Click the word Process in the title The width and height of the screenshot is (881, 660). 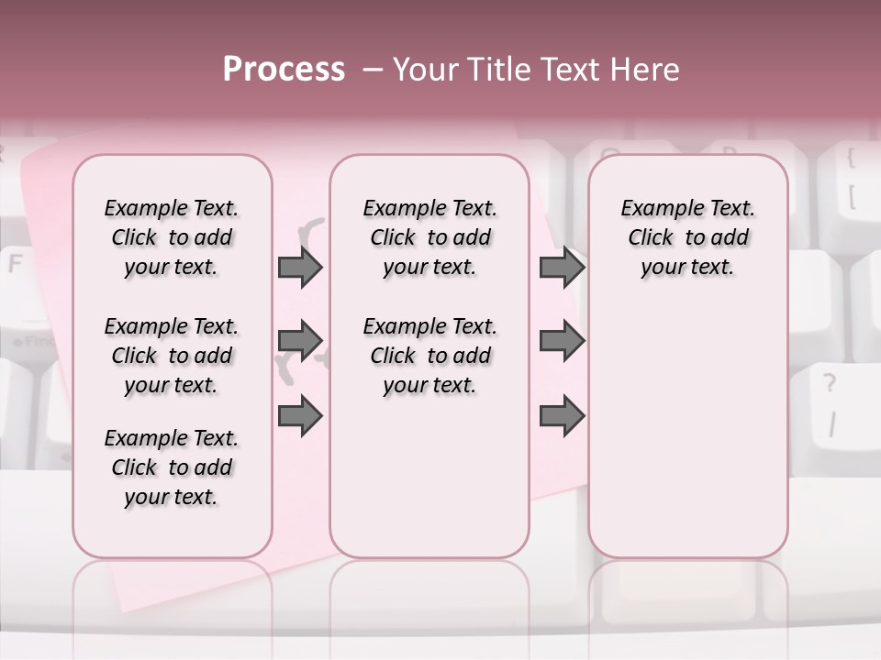coord(284,70)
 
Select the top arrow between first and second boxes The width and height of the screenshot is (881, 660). coord(300,268)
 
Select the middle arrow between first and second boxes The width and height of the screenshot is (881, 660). coord(300,341)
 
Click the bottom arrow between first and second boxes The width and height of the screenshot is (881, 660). coord(300,415)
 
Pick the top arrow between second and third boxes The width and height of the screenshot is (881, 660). coord(562,268)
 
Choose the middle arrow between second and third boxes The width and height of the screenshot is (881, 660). coord(562,341)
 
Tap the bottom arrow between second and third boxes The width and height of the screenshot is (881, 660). coord(562,415)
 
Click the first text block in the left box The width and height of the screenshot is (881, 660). coord(172,237)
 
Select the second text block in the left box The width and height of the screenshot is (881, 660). coord(172,356)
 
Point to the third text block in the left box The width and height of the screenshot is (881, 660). coord(172,467)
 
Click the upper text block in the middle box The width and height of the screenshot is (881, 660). coord(429,237)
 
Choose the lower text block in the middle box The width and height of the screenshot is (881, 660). coord(429,356)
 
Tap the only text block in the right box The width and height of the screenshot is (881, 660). coord(687,237)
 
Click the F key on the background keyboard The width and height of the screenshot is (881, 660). coord(16,266)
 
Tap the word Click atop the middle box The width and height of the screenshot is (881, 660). coord(393,238)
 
